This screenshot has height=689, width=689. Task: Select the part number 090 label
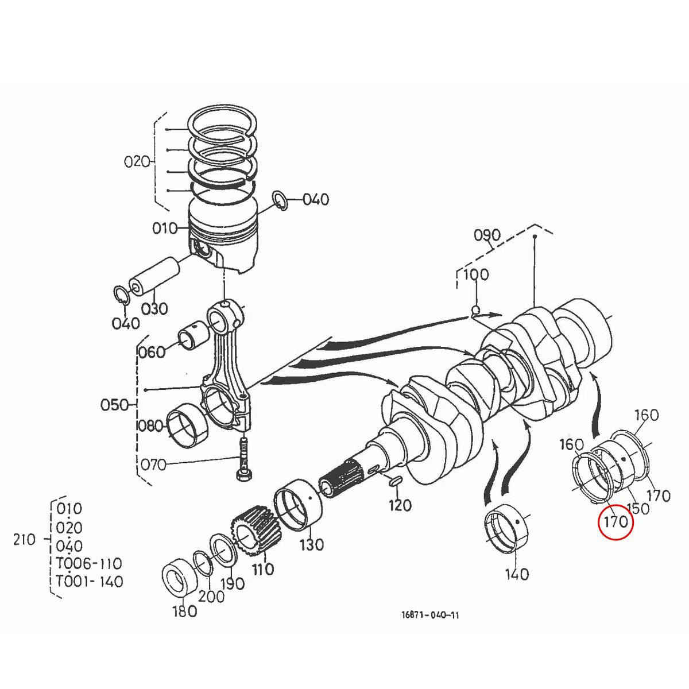pyautogui.click(x=487, y=235)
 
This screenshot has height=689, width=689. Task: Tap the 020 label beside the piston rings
pyautogui.click(x=137, y=161)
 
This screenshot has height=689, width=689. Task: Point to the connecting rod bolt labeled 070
pyautogui.click(x=244, y=459)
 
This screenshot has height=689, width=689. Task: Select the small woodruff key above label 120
pyautogui.click(x=395, y=481)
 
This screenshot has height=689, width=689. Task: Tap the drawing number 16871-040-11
pyautogui.click(x=430, y=615)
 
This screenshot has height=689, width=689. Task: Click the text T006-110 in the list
pyautogui.click(x=88, y=563)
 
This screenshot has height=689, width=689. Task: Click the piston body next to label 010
pyautogui.click(x=224, y=238)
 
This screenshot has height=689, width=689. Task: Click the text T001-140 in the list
pyautogui.click(x=89, y=582)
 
